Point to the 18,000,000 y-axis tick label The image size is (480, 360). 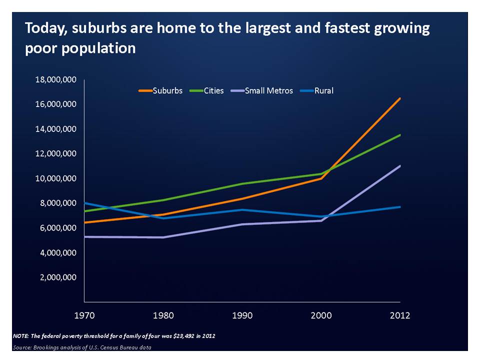point(55,80)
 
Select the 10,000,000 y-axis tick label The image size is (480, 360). point(55,178)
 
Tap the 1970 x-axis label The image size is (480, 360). point(84,315)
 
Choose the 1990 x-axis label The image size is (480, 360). point(242,315)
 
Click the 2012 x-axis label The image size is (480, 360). point(400,315)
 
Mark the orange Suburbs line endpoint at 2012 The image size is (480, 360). point(400,98)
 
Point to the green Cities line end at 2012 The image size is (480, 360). point(400,135)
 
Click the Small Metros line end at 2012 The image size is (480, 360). point(400,166)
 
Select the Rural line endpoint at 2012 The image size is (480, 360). point(400,207)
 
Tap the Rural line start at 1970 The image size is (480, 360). point(85,203)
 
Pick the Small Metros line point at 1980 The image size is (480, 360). point(163,237)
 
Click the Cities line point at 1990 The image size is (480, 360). point(242,183)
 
